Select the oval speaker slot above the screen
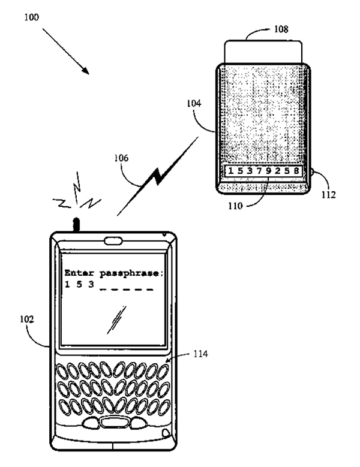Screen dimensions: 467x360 click(x=113, y=243)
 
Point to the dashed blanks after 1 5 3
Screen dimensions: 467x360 click(x=127, y=289)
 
